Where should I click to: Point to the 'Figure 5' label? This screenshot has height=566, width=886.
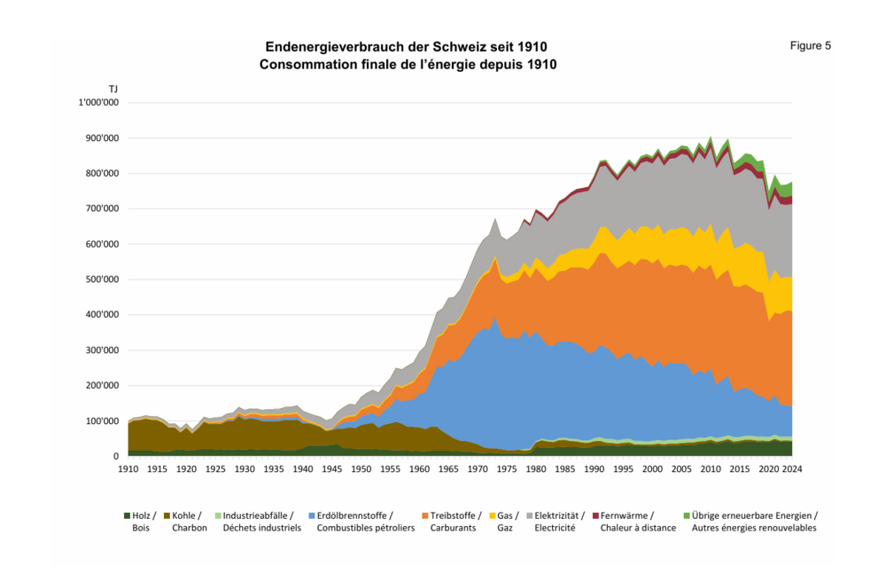(810, 46)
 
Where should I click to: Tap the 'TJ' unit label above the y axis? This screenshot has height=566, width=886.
(113, 89)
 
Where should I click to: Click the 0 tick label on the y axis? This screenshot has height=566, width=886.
(116, 456)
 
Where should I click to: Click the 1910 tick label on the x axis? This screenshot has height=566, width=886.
(128, 468)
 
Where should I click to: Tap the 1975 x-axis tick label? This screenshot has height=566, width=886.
(507, 468)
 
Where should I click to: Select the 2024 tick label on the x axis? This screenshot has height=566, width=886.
(792, 468)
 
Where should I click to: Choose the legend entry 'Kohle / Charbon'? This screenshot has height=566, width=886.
(185, 521)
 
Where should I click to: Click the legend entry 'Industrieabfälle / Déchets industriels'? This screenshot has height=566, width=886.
(261, 521)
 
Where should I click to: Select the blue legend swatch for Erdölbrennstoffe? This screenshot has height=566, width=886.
(312, 515)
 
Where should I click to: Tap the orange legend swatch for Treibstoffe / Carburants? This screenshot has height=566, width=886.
(425, 515)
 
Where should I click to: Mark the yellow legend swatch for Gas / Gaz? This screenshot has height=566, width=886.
(492, 515)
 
